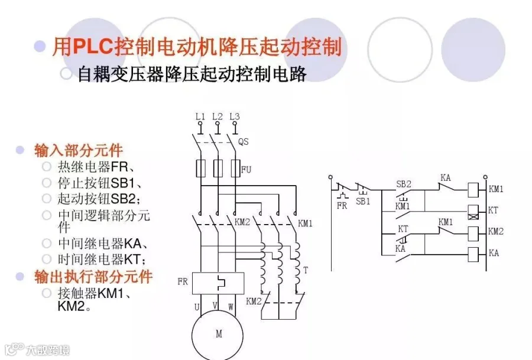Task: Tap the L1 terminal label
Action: coord(200,116)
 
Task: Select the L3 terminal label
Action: coord(235,116)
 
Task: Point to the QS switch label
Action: coord(244,142)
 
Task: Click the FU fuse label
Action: coord(246,170)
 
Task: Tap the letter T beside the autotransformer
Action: coord(306,270)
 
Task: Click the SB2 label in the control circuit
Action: coord(404,184)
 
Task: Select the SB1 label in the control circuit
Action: coord(363,201)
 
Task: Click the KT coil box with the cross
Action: coord(473,211)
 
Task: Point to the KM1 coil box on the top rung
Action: coord(473,190)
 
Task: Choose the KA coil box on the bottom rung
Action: coord(473,255)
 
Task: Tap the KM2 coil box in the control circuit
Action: coord(473,233)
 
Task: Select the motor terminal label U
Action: coord(197,307)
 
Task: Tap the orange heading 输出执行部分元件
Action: coord(93,276)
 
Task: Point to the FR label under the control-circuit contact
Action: coord(342,206)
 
